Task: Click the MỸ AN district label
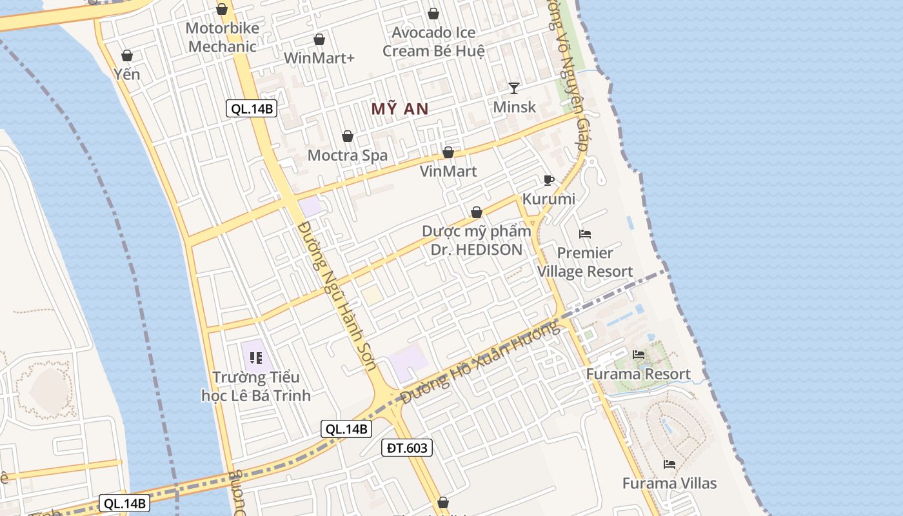pos(400,109)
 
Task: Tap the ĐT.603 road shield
pos(407,448)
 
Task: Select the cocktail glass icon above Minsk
pos(513,88)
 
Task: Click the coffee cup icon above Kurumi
pos(548,180)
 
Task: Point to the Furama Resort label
pos(638,374)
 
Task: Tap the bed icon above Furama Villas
pos(670,464)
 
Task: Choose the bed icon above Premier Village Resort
pos(585,233)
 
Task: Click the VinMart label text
pos(448,171)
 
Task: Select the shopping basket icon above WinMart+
pos(319,39)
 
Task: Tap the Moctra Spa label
pos(348,155)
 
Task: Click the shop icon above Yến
pos(127,55)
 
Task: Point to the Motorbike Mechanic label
pos(223,37)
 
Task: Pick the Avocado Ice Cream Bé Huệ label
pos(433,41)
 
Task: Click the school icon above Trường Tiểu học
pos(255,357)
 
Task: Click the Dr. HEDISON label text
pos(477,250)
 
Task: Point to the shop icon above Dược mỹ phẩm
pos(476,212)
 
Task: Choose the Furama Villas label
pos(670,483)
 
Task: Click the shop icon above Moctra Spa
pos(347,136)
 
